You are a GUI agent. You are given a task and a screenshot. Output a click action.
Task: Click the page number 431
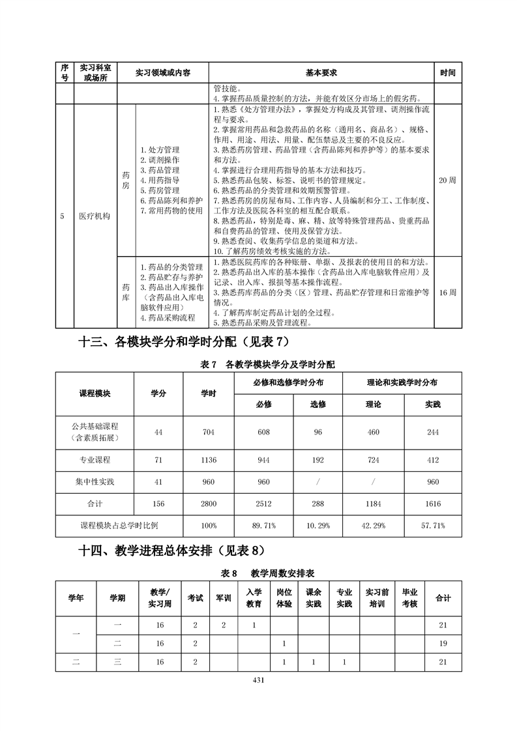pos(258,681)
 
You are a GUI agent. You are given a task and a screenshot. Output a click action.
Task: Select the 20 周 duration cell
pos(448,180)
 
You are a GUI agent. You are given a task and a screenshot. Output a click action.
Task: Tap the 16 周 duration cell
pos(448,293)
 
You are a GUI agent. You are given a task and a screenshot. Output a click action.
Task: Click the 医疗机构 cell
pos(95,216)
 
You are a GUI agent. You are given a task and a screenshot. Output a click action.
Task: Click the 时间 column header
pos(448,73)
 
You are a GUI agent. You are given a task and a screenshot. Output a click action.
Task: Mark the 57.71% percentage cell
pos(433,525)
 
